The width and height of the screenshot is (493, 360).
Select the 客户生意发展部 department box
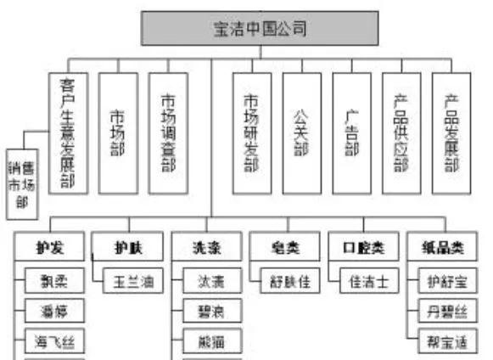click(68, 132)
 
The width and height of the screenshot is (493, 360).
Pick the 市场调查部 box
click(168, 132)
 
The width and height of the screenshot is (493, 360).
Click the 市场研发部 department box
click(251, 132)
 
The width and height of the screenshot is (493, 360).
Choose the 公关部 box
click(301, 132)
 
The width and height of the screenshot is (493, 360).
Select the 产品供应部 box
click(401, 132)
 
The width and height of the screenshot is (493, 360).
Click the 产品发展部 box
click(451, 132)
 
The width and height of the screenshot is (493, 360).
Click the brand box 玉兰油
click(132, 281)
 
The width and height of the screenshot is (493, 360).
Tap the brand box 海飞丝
click(54, 343)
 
